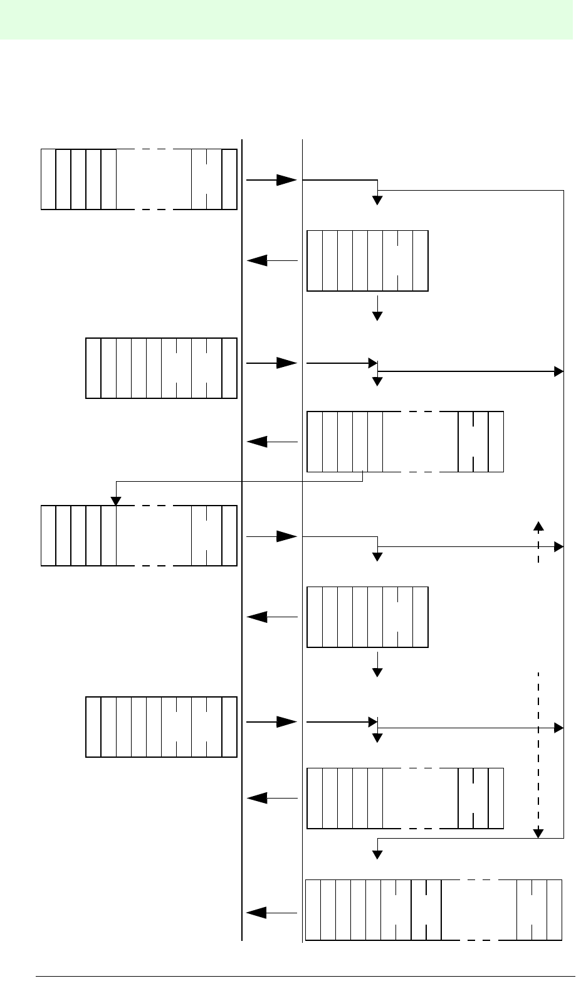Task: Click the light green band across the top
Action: (288, 19)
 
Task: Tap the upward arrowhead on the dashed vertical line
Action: (538, 525)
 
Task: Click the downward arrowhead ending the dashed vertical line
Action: (538, 833)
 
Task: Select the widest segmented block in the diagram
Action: (433, 910)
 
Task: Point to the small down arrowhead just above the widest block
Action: (377, 854)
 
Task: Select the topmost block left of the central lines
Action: (139, 179)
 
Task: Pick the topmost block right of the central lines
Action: (367, 260)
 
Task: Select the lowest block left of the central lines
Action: (161, 726)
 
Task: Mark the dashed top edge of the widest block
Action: (479, 880)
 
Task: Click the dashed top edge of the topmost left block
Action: (154, 149)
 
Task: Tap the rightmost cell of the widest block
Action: (554, 910)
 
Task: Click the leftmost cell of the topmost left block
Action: (48, 179)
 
